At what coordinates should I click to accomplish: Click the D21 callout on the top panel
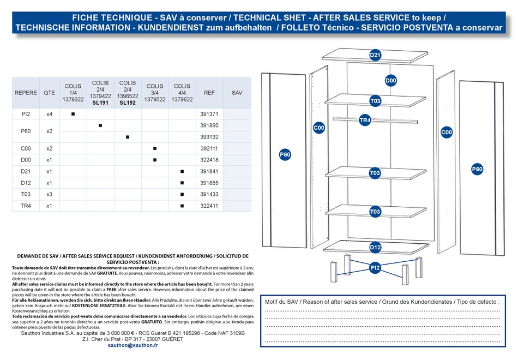pos(375,55)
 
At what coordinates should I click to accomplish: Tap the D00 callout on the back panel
pos(391,80)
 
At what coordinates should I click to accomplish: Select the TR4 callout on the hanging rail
pos(365,120)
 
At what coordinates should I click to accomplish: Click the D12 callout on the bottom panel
pos(375,247)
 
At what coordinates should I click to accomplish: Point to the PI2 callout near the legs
pos(375,267)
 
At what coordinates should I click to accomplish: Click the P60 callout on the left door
pos(285,154)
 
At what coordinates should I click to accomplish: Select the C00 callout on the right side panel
pos(447,132)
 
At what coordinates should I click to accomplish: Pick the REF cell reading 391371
pos(209,114)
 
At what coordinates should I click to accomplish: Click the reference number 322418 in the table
pos(209,160)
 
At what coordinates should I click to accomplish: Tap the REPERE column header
pos(26,93)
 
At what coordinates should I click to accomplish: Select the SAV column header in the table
pos(237,93)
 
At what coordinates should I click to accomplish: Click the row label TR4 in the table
pos(26,206)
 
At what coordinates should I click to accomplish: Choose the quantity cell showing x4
pos(49,114)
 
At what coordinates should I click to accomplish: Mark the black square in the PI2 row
pos(73,114)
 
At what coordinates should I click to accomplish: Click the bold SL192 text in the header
pos(128,103)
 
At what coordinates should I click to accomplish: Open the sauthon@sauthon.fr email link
pos(133,345)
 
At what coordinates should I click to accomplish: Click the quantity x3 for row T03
pos(49,194)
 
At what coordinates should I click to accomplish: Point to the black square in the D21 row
pos(182,171)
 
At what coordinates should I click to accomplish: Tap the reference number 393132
pos(209,137)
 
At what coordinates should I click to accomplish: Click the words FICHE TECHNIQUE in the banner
pos(112,18)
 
